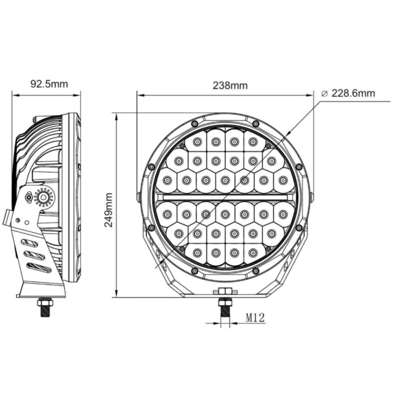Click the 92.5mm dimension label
pyautogui.click(x=49, y=84)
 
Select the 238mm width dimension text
pyautogui.click(x=230, y=85)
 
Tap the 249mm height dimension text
pyautogui.click(x=108, y=210)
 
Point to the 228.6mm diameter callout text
pyautogui.click(x=353, y=93)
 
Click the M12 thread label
pyautogui.click(x=255, y=317)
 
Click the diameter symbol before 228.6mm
pyautogui.click(x=324, y=93)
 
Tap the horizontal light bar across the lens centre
pyautogui.click(x=225, y=198)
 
